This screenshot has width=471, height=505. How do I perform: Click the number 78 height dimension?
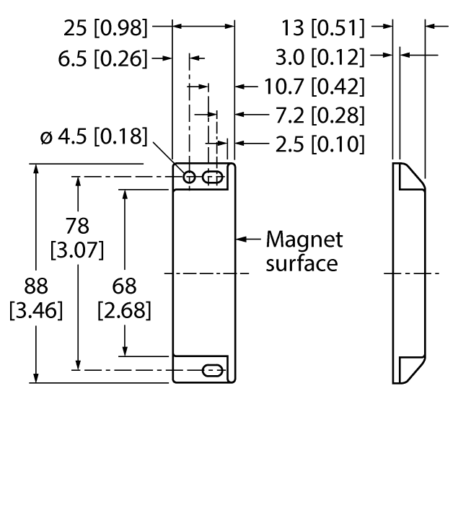(77, 226)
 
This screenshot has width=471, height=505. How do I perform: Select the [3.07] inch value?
(77, 251)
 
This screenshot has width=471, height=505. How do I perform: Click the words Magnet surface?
(304, 250)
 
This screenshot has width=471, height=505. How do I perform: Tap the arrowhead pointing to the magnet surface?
(242, 238)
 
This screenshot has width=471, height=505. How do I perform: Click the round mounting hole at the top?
(190, 177)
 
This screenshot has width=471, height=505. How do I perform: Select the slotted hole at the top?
(212, 177)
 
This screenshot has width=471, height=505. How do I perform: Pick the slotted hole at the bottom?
(212, 370)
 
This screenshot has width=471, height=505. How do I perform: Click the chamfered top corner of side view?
(413, 175)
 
